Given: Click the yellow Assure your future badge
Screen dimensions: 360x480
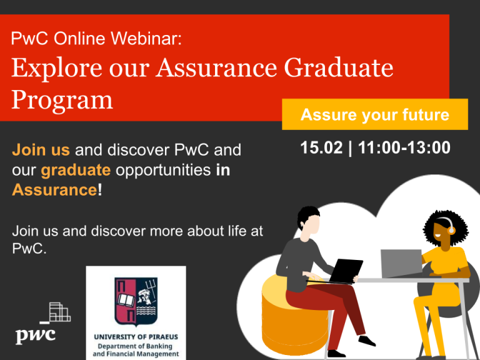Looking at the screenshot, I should click(374, 114).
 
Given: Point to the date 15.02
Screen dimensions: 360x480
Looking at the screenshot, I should click(321, 148).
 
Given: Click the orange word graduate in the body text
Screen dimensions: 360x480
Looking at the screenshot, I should click(76, 170).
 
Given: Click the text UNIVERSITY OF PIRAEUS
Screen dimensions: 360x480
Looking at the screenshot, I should click(136, 337).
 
